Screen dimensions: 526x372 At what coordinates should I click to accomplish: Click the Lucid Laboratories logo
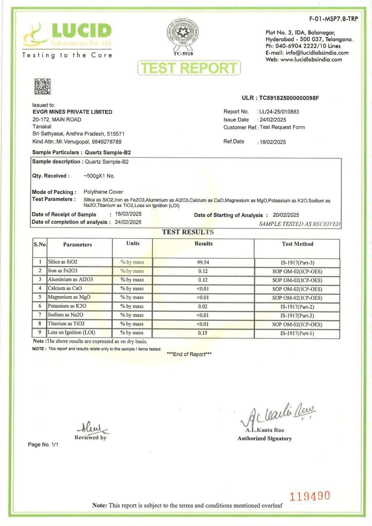67,35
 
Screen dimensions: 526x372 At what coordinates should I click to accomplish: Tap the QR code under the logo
42,86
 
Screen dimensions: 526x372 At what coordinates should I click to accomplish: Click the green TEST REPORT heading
189,68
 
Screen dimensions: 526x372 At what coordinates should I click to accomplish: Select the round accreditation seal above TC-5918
183,32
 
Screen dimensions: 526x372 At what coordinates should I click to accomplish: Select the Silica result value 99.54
203,262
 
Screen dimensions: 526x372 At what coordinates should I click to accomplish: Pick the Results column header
203,244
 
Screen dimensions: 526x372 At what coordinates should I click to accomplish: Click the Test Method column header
297,244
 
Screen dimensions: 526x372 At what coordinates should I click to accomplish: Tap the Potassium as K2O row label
67,306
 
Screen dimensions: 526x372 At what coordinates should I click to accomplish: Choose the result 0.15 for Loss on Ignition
203,333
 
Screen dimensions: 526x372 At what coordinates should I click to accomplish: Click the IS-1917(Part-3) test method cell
297,262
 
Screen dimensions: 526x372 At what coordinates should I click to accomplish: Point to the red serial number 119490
310,496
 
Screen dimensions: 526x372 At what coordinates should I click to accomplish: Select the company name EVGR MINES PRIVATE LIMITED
72,112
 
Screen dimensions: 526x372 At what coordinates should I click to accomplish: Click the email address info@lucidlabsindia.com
312,53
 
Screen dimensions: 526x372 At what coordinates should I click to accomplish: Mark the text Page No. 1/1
43,445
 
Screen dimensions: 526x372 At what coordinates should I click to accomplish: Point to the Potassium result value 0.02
203,306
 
